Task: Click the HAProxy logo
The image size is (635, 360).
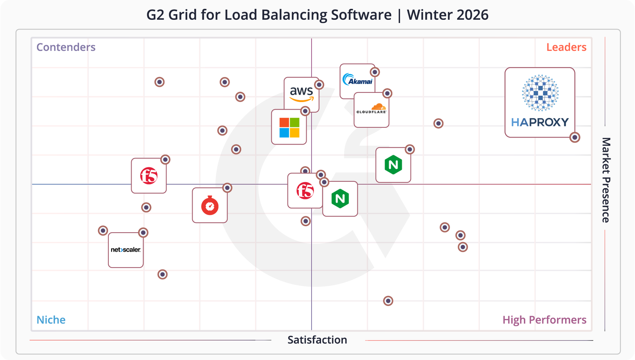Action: point(540,102)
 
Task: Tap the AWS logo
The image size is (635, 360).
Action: point(301,94)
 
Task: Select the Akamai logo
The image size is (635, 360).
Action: point(357,80)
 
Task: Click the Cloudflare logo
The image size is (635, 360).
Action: point(371,110)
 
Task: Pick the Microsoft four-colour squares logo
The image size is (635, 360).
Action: point(289,127)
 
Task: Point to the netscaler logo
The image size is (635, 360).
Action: point(125,250)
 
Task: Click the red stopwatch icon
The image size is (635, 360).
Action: point(210,206)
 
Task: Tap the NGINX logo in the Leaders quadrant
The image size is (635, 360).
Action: point(393,165)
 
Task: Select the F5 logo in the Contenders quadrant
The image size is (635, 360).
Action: point(149,176)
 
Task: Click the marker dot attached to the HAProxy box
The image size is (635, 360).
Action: point(575,137)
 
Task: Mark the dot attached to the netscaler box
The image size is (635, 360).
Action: point(143,233)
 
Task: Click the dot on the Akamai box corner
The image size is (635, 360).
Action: point(375,72)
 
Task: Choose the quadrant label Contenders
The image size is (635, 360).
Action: point(66,47)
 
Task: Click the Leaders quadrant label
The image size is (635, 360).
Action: point(566,47)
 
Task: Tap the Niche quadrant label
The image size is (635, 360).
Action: point(51,320)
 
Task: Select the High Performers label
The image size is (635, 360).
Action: point(544,320)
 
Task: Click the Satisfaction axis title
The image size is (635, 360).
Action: point(317,340)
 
